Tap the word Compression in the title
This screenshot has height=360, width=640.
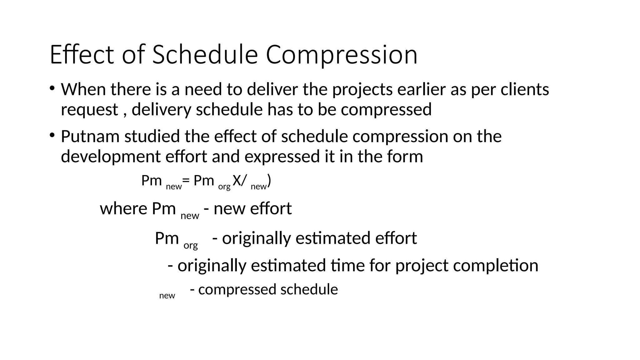[x=342, y=55]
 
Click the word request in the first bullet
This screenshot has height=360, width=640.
[x=89, y=110]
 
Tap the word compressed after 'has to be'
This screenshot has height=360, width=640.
[x=386, y=110]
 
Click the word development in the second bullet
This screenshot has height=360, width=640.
[x=111, y=157]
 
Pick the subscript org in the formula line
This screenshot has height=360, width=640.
[x=224, y=187]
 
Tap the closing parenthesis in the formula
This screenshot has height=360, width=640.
[x=269, y=181]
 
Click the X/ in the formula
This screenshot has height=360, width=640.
[x=240, y=181]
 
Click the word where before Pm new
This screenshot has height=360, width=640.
[x=123, y=209]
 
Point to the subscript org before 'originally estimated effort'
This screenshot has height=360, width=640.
[x=191, y=245]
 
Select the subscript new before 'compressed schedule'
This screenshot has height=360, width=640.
[x=167, y=296]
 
